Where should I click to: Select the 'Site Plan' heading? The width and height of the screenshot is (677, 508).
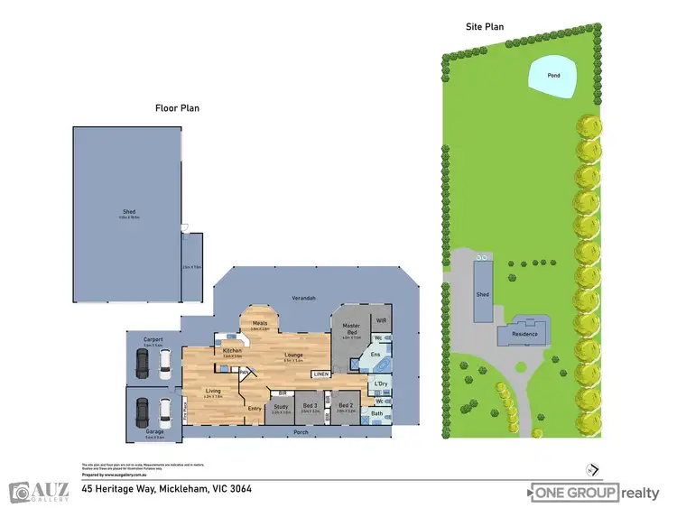point(484,27)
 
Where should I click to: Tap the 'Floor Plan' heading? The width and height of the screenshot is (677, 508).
point(177,108)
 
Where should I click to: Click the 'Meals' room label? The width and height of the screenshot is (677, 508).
point(260,324)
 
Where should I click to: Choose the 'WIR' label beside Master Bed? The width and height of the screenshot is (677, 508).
point(381,319)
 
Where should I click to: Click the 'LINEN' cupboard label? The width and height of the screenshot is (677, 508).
point(320,374)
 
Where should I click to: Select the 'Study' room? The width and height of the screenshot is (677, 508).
point(280,407)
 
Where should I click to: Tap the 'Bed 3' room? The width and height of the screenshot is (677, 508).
point(310,407)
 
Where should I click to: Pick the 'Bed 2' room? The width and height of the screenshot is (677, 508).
point(345,406)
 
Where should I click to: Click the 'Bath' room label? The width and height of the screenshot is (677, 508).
point(378,413)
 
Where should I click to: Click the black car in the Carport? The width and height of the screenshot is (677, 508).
point(143,363)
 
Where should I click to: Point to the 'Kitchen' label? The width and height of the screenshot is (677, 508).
point(229,350)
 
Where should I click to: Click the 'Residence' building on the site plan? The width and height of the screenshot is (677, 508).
point(525,334)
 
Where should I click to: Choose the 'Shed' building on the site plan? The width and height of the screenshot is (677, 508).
point(483,293)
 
